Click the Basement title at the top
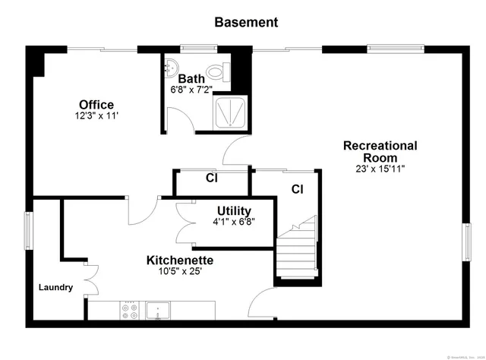(x=246, y=22)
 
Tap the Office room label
(x=96, y=105)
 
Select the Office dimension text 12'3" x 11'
(x=96, y=116)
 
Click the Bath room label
(x=191, y=78)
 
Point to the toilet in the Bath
(x=218, y=74)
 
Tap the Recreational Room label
(x=380, y=151)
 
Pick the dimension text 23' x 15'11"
(x=380, y=169)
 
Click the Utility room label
(x=234, y=210)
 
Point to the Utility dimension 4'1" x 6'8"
(x=234, y=222)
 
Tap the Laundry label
(x=56, y=287)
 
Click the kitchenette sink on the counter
(x=158, y=310)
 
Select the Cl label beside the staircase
(x=297, y=188)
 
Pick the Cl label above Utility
(x=212, y=179)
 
